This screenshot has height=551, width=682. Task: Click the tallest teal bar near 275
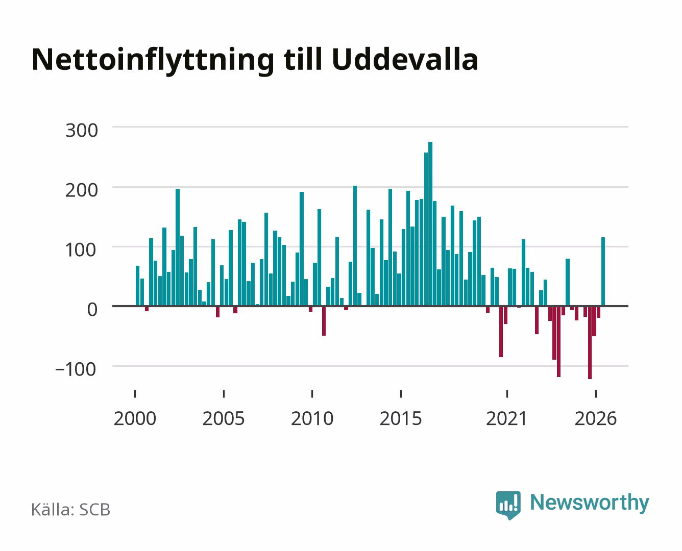(430, 224)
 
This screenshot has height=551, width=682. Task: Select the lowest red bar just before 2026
(590, 342)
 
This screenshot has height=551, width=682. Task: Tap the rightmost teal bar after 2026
(603, 271)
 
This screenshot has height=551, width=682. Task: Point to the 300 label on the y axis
(82, 131)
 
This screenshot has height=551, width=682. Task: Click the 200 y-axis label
(82, 190)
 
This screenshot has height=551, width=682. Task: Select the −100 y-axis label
(76, 369)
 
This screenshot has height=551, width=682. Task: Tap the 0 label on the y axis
(92, 310)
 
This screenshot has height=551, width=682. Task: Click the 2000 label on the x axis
(135, 418)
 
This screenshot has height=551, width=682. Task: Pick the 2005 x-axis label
(224, 418)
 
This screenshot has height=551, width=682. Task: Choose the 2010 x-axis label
(312, 418)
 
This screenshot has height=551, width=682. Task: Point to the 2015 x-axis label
(401, 418)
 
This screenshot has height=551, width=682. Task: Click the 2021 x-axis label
(506, 418)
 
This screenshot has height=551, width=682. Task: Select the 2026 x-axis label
(596, 418)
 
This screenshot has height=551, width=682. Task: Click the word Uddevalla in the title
(405, 60)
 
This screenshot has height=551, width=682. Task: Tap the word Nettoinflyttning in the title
(153, 61)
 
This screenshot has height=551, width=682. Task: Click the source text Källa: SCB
(71, 509)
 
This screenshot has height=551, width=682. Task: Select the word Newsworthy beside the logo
(590, 503)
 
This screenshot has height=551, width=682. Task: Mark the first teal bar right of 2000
(138, 286)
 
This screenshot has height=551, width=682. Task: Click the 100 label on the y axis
(81, 250)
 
